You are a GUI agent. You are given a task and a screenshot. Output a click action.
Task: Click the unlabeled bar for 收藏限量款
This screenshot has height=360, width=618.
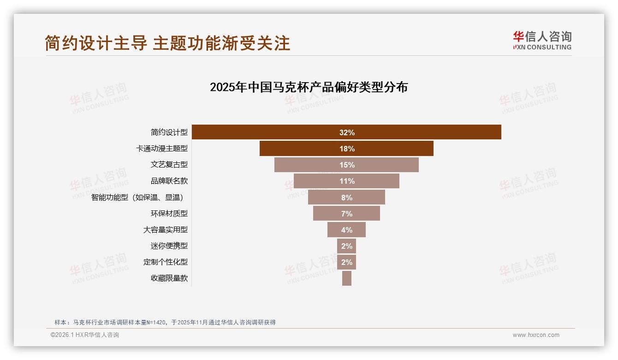tap(347, 278)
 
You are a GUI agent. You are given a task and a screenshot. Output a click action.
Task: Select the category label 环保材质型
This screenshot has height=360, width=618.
tap(169, 213)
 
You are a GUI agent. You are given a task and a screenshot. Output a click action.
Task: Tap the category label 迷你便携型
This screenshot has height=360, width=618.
tap(169, 246)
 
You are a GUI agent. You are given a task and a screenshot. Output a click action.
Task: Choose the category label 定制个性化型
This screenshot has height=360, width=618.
tap(165, 262)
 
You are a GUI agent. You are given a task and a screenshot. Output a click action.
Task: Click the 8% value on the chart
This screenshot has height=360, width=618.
tap(347, 198)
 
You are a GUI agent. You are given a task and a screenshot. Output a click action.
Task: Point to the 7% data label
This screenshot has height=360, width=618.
tap(347, 214)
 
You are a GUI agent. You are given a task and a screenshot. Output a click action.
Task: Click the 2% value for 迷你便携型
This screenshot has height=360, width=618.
tap(347, 246)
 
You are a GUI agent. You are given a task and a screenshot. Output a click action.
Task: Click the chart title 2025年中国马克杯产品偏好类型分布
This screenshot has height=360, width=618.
tap(309, 87)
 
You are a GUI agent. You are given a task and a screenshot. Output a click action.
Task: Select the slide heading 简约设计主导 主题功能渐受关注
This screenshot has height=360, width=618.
tap(167, 43)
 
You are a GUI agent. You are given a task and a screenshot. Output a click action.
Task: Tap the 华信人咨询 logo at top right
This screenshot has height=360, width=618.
tap(542, 40)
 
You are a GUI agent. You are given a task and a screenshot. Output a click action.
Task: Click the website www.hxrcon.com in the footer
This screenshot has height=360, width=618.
tap(536, 335)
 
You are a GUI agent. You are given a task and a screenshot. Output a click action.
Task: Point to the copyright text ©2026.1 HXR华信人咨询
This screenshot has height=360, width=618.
tap(85, 335)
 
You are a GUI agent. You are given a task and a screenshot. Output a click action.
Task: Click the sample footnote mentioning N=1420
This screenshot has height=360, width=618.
tap(165, 322)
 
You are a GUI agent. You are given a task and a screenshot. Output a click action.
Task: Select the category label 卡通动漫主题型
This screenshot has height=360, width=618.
tap(161, 148)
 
